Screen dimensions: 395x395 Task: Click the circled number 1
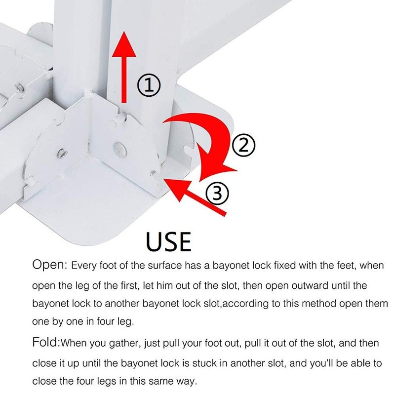(149, 85)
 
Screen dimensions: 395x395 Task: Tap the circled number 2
(243, 145)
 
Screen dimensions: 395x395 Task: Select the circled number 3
(217, 194)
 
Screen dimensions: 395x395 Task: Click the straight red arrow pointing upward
(124, 67)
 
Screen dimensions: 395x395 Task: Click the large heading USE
(168, 241)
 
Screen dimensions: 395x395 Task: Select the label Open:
(50, 265)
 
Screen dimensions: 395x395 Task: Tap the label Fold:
(46, 343)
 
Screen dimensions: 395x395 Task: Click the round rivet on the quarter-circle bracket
(119, 149)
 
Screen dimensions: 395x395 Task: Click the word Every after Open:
(84, 266)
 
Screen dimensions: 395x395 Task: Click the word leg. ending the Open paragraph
(125, 322)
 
